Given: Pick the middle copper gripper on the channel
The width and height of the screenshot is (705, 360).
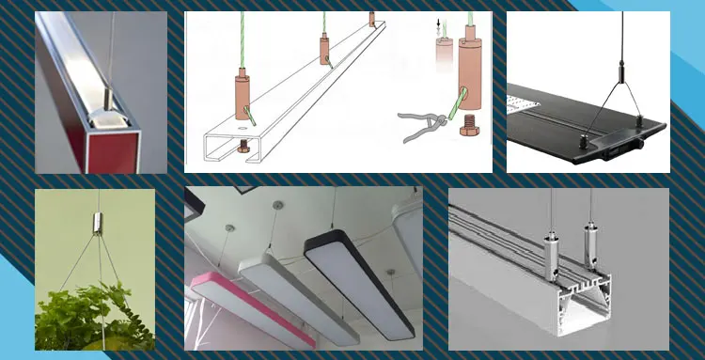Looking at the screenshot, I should [322, 48].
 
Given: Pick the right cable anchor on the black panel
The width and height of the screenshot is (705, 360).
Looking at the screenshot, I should [640, 119].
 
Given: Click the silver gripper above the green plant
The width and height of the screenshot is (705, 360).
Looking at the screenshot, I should [96, 226].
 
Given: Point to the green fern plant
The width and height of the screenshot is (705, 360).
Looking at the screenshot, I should [89, 310].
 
